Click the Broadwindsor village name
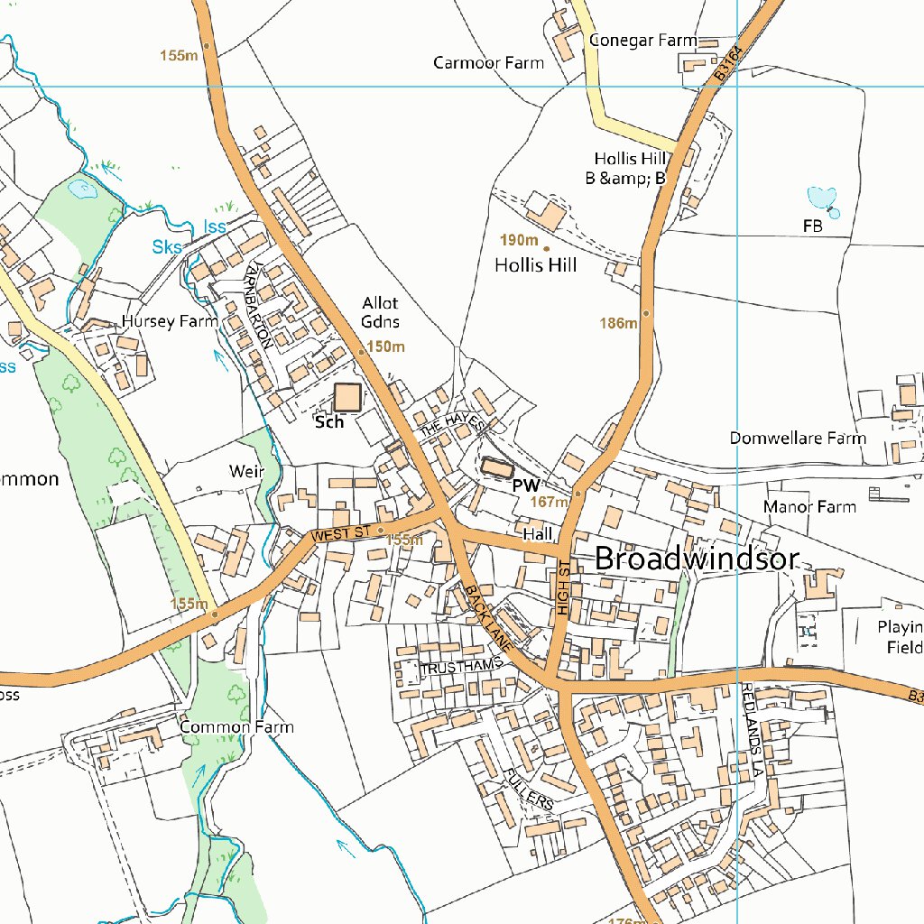pos(697,559)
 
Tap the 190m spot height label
pos(519,240)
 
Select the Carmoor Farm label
pos(488,63)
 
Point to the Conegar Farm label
pos(642,41)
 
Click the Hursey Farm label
pos(170,321)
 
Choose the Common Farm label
pos(236,726)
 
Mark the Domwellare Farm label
pos(798,439)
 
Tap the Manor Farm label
pos(809,507)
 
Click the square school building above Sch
pos(347,397)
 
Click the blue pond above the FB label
pos(822,198)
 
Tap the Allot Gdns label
pos(380,312)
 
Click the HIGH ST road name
pos(564,587)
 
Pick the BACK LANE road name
pos(489,618)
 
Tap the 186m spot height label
pos(618,323)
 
